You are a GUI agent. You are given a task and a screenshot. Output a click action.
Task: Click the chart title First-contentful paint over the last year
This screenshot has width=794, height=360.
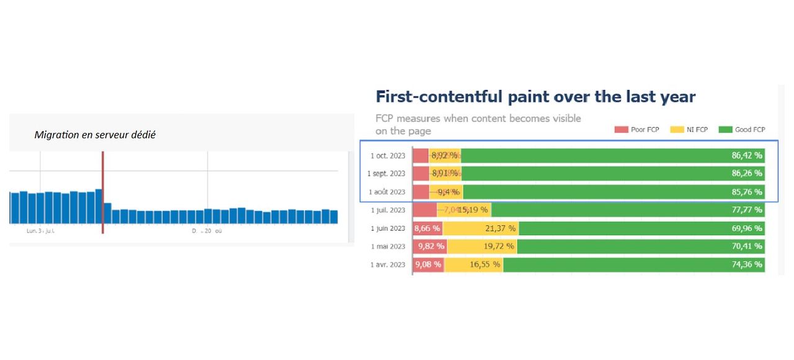[x=535, y=97]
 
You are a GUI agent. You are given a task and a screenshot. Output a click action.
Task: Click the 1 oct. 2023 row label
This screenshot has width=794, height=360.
[x=388, y=155]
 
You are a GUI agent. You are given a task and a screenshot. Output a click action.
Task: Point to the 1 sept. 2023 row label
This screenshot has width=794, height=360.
[x=386, y=173]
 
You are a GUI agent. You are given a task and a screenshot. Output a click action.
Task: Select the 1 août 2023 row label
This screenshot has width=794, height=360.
[x=386, y=192]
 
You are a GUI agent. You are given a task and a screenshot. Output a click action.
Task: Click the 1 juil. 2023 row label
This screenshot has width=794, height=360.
[x=388, y=210]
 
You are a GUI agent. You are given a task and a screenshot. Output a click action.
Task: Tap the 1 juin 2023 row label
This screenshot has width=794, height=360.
[x=388, y=228]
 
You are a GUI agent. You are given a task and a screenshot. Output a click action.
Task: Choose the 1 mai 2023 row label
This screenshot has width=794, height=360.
[x=388, y=246]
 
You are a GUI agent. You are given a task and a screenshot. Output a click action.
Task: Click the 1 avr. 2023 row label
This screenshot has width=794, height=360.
[x=388, y=265]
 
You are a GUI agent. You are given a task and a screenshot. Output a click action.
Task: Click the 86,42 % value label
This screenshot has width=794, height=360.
[x=746, y=155]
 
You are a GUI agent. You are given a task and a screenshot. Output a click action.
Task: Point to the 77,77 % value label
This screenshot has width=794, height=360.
[x=746, y=210]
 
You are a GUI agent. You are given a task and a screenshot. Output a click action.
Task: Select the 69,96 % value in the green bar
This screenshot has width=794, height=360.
[x=746, y=228]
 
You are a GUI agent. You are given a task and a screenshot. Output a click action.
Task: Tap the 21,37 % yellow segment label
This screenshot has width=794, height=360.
[x=499, y=228]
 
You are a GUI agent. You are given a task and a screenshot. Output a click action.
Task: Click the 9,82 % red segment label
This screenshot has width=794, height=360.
[x=431, y=246]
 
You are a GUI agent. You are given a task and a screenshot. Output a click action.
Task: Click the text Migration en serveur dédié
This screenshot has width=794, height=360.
[x=95, y=134]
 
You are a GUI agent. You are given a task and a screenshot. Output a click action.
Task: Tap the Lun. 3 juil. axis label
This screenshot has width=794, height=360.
[x=40, y=230]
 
